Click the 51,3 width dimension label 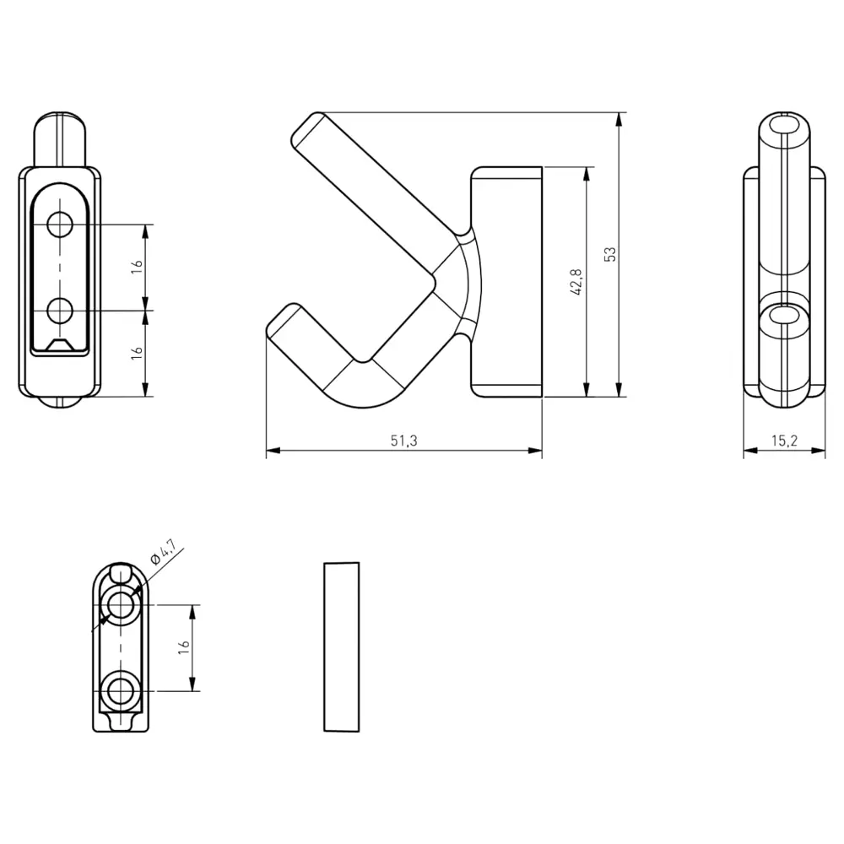click(x=403, y=441)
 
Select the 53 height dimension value click(x=610, y=254)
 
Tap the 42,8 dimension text click(x=576, y=282)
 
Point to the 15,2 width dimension click(x=784, y=441)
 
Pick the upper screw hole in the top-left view click(x=60, y=225)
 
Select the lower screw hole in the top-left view click(x=60, y=311)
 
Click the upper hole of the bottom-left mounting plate click(x=121, y=605)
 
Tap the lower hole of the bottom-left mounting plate click(x=121, y=691)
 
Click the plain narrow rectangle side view click(x=342, y=647)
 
